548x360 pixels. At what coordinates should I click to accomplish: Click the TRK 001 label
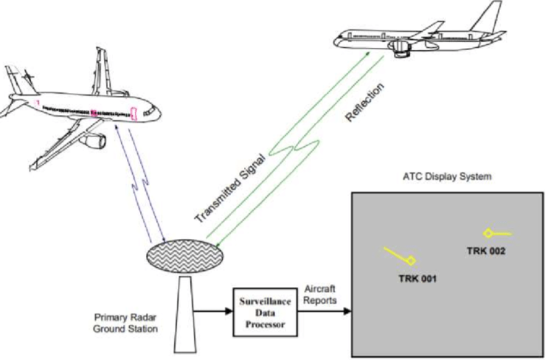coord(418,278)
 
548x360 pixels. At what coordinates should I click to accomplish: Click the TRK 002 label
coord(486,251)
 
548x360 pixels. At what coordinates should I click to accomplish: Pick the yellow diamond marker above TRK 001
coord(412,260)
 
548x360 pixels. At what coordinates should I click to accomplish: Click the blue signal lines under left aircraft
coord(136,184)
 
